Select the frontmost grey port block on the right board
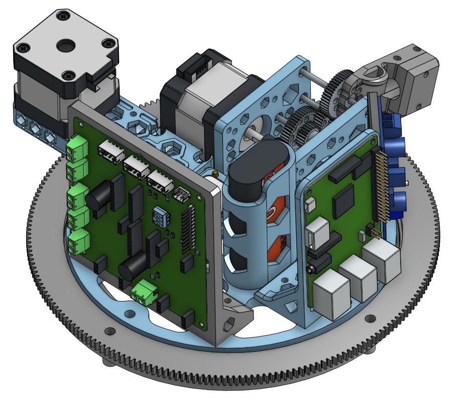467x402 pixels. pos(331,294)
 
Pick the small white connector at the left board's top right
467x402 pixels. pos(180,193)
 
